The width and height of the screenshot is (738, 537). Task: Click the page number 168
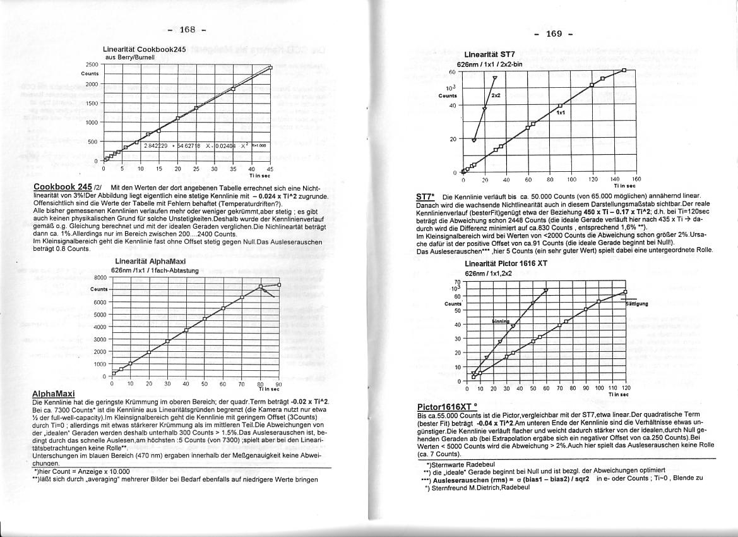coord(187,30)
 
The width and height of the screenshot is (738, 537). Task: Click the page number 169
coord(554,33)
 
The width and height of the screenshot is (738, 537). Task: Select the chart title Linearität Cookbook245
coord(145,49)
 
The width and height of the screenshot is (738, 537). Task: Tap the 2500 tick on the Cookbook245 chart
coord(92,64)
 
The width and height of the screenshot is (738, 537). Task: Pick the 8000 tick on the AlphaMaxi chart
coord(100,277)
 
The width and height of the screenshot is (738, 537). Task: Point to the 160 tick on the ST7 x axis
coord(636,179)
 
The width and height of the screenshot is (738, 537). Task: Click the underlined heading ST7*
coord(425,197)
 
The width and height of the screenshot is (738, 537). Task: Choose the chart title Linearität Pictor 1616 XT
coord(506,263)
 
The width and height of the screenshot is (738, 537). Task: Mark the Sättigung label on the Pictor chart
coord(636,303)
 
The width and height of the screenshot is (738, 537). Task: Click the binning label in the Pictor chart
coord(500,321)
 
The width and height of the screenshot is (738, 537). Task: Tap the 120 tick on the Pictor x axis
coord(626,388)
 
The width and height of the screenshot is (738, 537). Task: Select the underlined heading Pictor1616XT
coord(446,406)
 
